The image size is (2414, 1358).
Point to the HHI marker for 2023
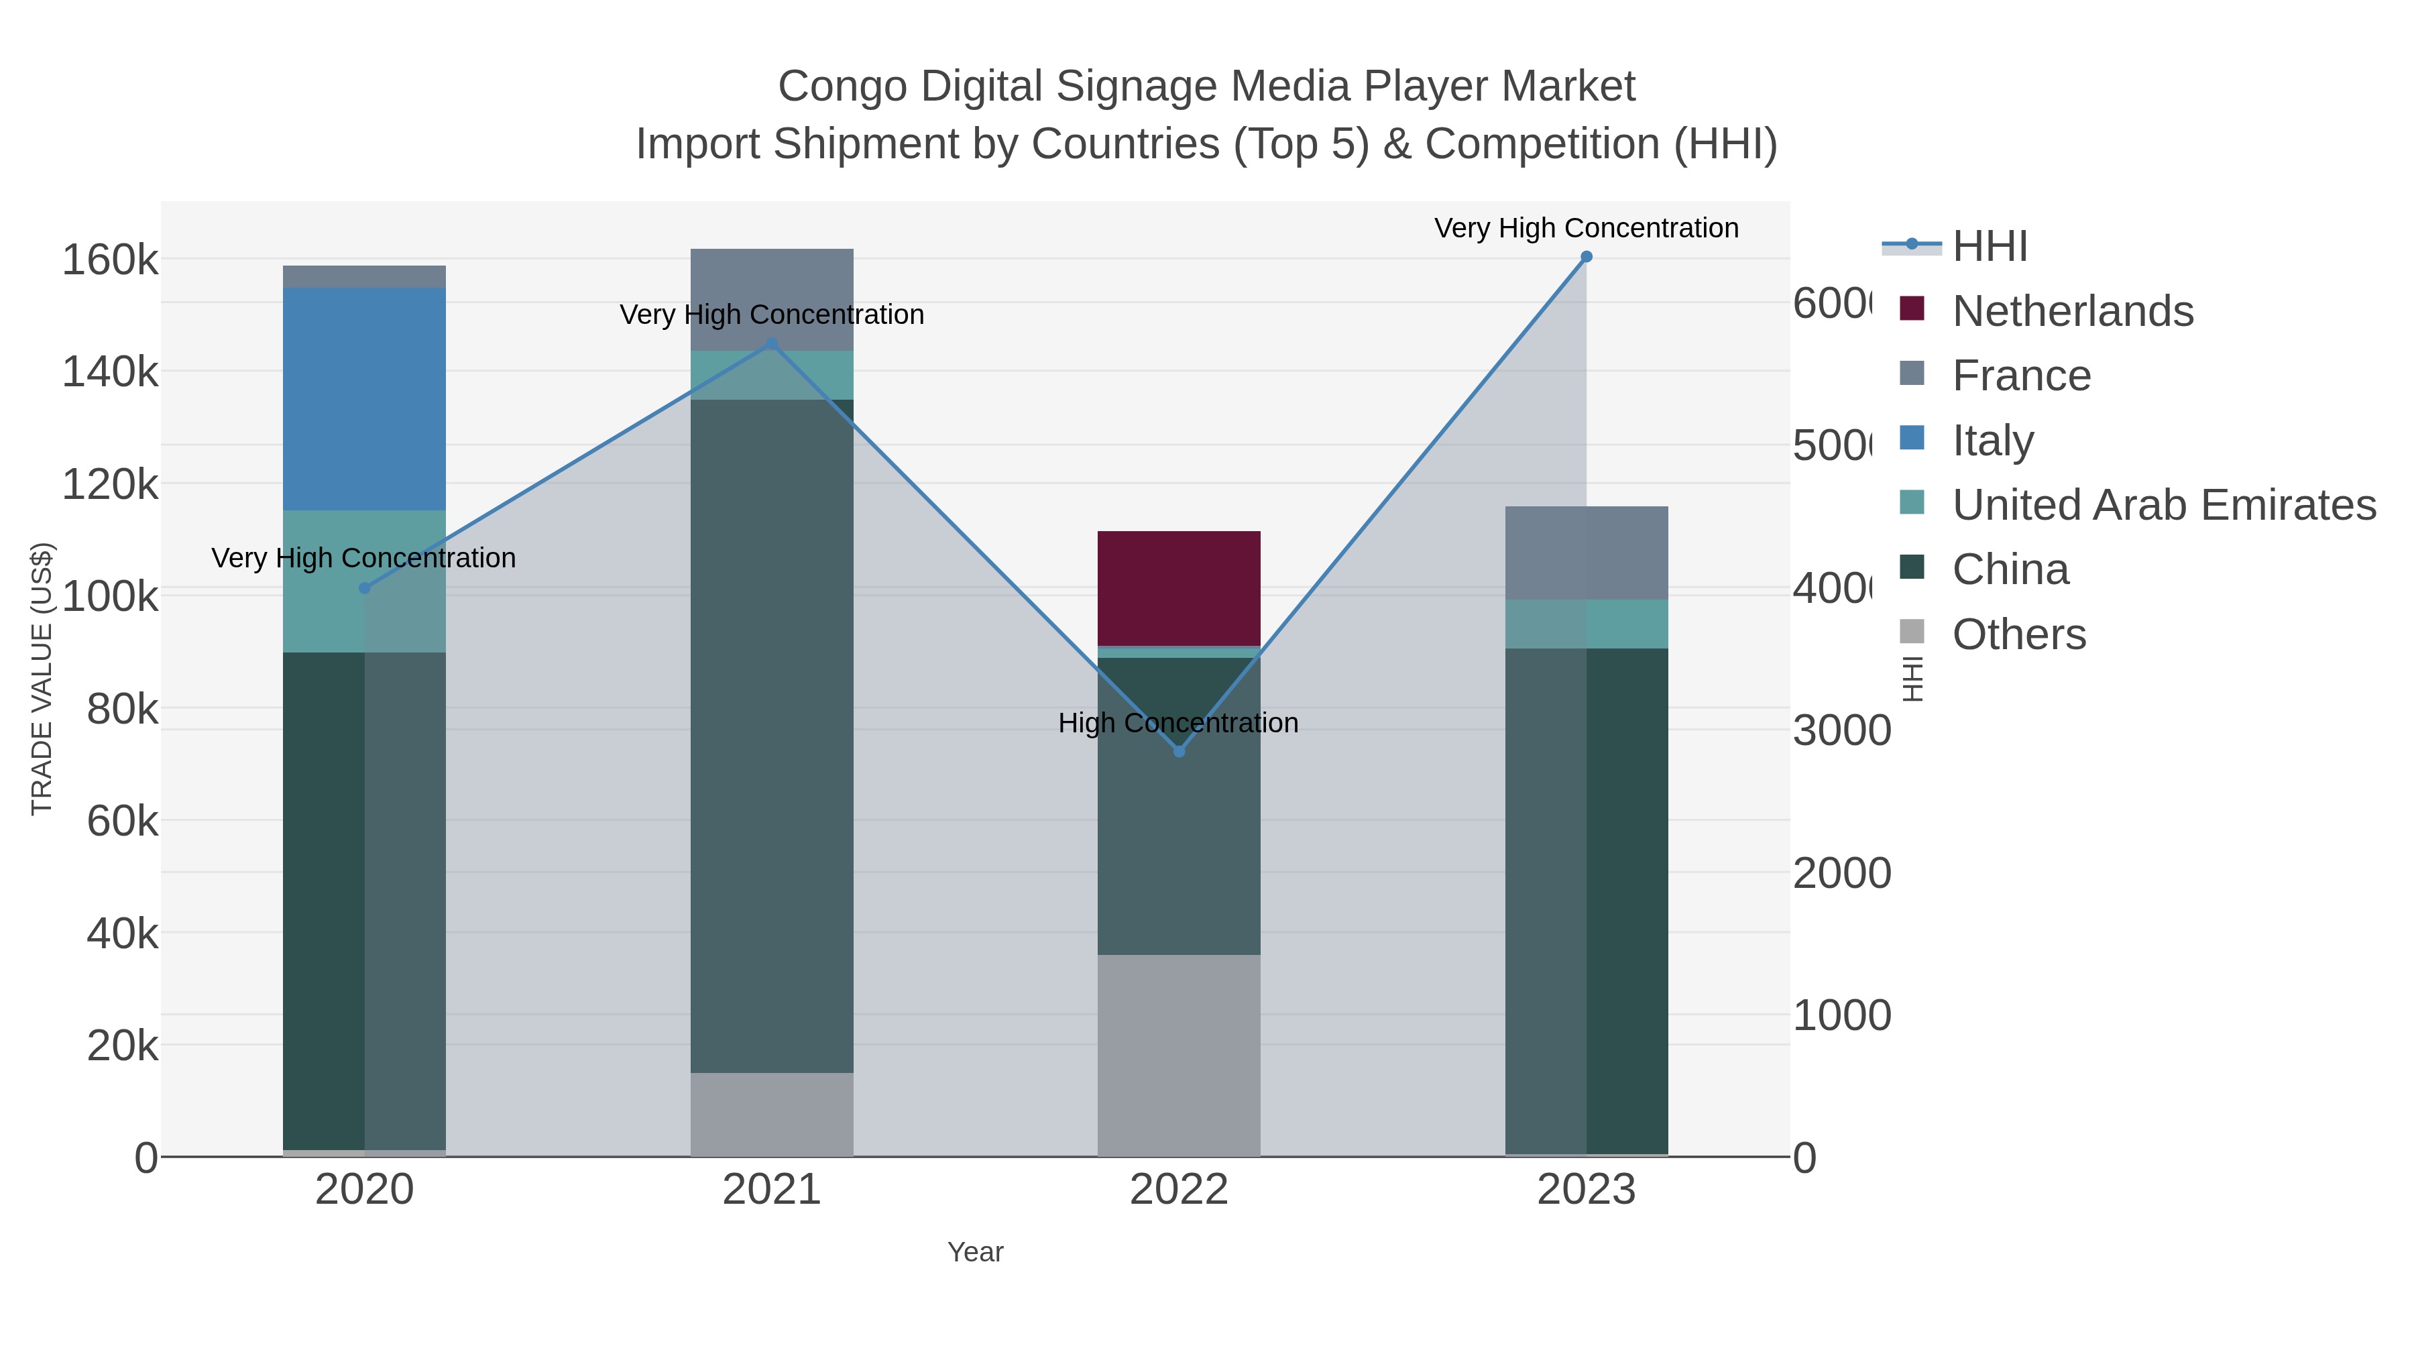1586,257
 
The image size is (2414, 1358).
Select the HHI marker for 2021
772,344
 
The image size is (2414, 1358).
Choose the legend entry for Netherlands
2072,310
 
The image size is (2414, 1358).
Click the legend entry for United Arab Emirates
2163,504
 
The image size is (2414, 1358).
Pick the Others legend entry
2018,634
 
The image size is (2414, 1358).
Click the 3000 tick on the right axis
1841,730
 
